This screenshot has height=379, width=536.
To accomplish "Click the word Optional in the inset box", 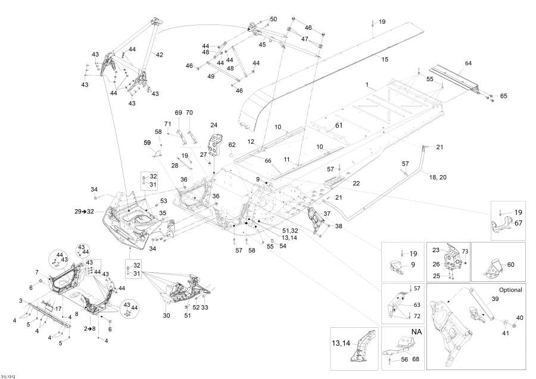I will [x=507, y=290].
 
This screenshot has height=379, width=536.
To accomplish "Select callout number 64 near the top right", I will [x=468, y=63].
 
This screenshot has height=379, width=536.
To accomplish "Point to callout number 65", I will [x=503, y=96].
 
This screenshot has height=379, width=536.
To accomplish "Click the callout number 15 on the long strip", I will [x=385, y=59].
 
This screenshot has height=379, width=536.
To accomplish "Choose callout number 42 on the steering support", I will [x=159, y=55].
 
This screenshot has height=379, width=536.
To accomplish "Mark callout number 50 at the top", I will [x=273, y=19].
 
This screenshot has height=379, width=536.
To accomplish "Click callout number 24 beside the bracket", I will [x=214, y=125].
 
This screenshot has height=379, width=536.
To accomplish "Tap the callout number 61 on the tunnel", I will [x=339, y=126].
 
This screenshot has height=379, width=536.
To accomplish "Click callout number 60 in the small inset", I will [x=512, y=264].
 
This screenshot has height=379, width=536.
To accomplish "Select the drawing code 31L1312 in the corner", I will [x=9, y=375].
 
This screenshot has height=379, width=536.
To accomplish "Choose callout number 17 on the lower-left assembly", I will [x=58, y=308].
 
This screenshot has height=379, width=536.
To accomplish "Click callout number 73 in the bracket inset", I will [x=465, y=253].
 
